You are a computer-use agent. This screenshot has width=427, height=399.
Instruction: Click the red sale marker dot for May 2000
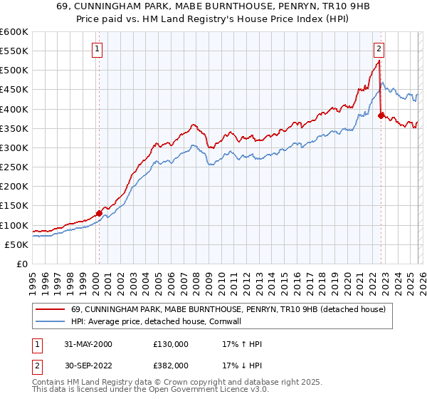coord(99,212)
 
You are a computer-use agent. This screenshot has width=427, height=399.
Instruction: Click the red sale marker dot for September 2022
coord(381,115)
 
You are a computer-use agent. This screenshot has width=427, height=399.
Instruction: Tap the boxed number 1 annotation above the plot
coord(97,49)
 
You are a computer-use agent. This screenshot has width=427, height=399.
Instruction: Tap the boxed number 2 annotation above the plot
coord(379,49)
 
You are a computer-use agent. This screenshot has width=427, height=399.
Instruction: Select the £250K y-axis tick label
coord(14,167)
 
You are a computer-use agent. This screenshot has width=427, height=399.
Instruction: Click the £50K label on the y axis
coord(16,244)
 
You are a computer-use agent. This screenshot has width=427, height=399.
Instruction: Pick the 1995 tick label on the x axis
coord(32,278)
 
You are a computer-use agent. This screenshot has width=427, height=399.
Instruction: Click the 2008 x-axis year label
coord(195,278)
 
